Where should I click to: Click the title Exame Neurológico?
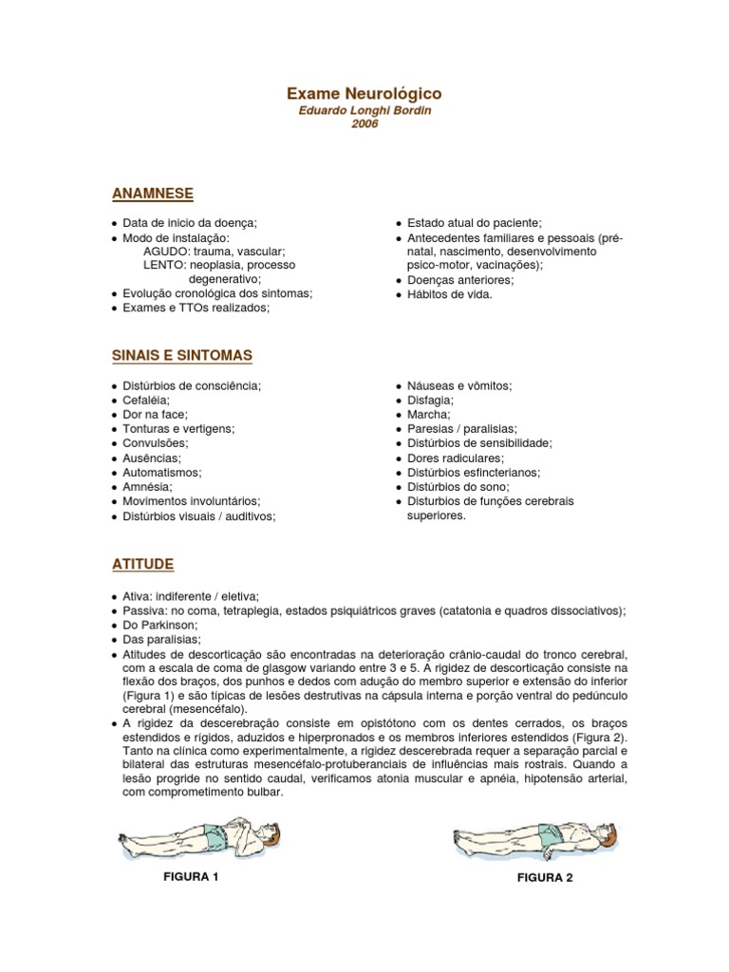(x=364, y=94)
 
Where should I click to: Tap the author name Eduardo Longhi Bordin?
(x=364, y=111)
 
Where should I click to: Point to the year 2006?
(x=364, y=124)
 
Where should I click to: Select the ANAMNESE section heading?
(x=152, y=194)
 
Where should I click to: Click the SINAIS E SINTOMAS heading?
(x=181, y=355)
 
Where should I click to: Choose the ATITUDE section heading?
(x=142, y=564)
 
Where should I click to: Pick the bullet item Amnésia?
(x=147, y=486)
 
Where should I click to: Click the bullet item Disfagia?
(x=432, y=401)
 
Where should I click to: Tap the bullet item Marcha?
(x=429, y=415)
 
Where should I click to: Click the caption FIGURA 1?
(x=192, y=876)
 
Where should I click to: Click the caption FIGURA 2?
(x=545, y=877)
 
